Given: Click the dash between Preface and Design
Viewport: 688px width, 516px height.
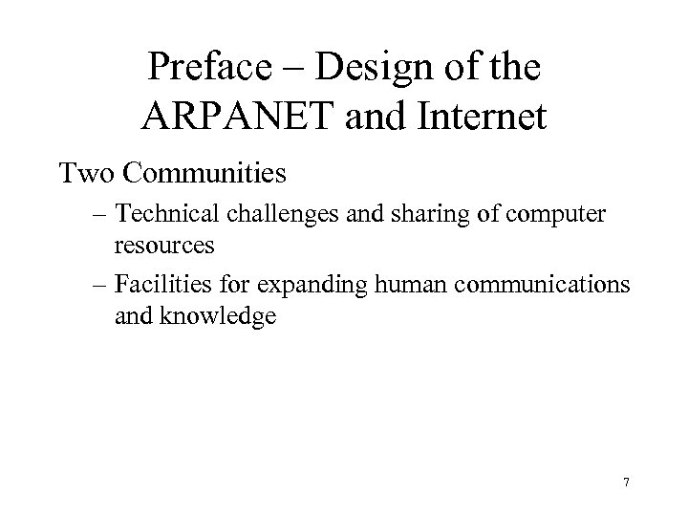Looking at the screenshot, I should click(x=298, y=69).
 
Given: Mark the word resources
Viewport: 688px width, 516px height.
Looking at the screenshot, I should click(x=164, y=245).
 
